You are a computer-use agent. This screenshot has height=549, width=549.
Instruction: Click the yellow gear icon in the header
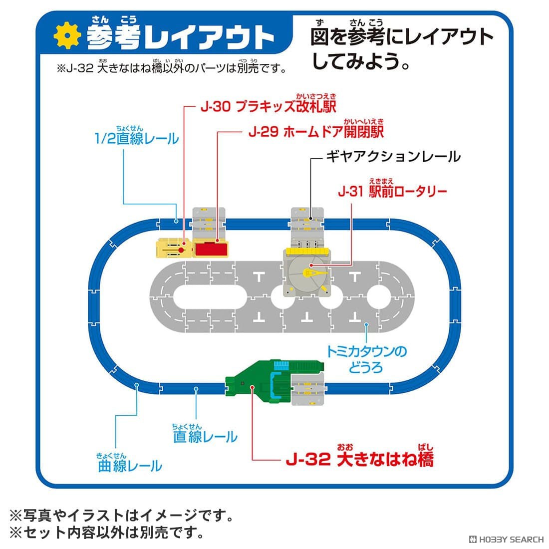point(67,35)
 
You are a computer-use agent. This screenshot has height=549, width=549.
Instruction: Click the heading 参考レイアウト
point(181,37)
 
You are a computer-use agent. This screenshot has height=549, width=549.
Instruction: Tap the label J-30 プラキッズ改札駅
point(269,106)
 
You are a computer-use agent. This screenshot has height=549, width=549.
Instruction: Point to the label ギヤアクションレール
point(393,156)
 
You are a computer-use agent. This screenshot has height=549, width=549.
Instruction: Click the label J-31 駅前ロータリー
point(392,191)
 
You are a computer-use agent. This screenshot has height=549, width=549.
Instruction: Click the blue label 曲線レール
point(130,466)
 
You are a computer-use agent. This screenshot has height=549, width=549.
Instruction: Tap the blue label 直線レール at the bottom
point(205,437)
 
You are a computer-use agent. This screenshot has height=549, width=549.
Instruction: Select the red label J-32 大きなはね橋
point(360,459)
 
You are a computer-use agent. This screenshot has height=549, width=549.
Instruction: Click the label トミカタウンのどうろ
point(366,359)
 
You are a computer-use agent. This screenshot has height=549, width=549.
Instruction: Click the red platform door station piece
point(211,249)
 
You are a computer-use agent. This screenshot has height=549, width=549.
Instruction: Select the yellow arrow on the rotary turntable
point(315,273)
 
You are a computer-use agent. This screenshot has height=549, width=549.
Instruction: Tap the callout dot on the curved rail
point(137,385)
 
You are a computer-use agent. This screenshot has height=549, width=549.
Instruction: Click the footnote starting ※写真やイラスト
point(121,515)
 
